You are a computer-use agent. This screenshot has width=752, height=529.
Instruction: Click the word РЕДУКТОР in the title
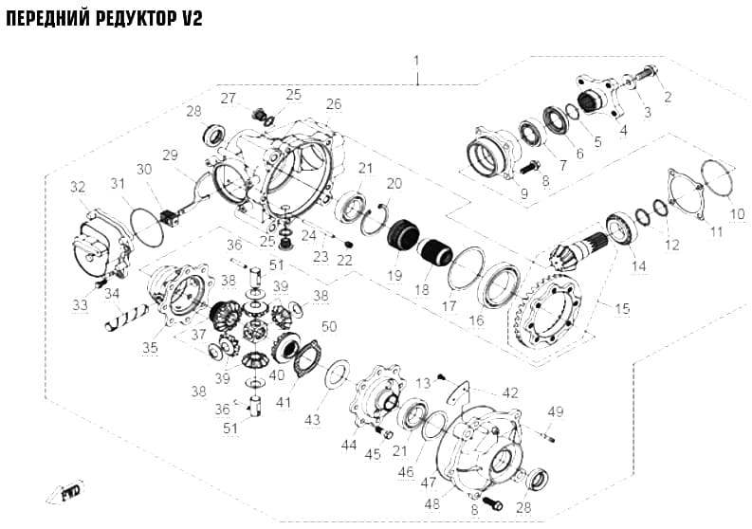[137, 19]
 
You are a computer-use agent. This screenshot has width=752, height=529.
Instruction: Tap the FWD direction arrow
[65, 492]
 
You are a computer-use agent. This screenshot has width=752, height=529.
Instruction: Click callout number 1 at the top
[416, 61]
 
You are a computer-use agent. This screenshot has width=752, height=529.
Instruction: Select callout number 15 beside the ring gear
[622, 309]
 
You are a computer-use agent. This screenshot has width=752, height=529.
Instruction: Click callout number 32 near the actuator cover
[78, 187]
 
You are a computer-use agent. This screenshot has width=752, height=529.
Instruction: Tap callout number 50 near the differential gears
[329, 327]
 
